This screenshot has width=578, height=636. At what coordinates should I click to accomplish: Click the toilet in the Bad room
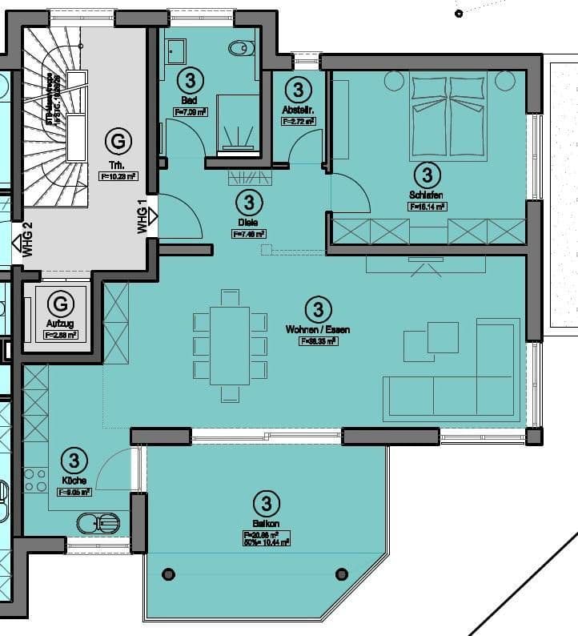pyautogui.click(x=239, y=49)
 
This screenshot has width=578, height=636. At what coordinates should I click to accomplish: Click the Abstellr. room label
pyautogui.click(x=298, y=109)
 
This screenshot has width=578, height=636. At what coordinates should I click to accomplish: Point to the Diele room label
pyautogui.click(x=247, y=222)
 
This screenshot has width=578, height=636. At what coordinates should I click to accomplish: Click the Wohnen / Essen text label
pyautogui.click(x=317, y=328)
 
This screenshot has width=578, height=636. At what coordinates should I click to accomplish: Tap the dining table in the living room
pyautogui.click(x=230, y=344)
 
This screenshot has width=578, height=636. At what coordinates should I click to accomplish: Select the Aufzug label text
pyautogui.click(x=60, y=322)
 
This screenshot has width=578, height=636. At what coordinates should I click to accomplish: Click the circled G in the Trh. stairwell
pyautogui.click(x=118, y=142)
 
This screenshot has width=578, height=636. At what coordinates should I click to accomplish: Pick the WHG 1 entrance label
pyautogui.click(x=142, y=216)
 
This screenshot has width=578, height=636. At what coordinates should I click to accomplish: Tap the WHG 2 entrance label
pyautogui.click(x=26, y=240)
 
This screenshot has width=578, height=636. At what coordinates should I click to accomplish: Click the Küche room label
pyautogui.click(x=73, y=481)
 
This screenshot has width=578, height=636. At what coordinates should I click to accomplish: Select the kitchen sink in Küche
pyautogui.click(x=98, y=524)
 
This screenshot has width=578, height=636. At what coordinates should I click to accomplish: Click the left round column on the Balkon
pyautogui.click(x=168, y=574)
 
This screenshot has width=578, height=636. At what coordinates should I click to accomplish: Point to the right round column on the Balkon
pyautogui.click(x=342, y=574)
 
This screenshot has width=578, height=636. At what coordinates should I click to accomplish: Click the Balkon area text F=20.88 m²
pyautogui.click(x=266, y=534)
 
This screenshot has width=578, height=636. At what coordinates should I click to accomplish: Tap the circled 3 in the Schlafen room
pyautogui.click(x=427, y=174)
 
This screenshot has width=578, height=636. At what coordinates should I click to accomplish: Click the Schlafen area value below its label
pyautogui.click(x=427, y=206)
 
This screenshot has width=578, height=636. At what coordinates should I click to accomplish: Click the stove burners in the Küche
pyautogui.click(x=35, y=481)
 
